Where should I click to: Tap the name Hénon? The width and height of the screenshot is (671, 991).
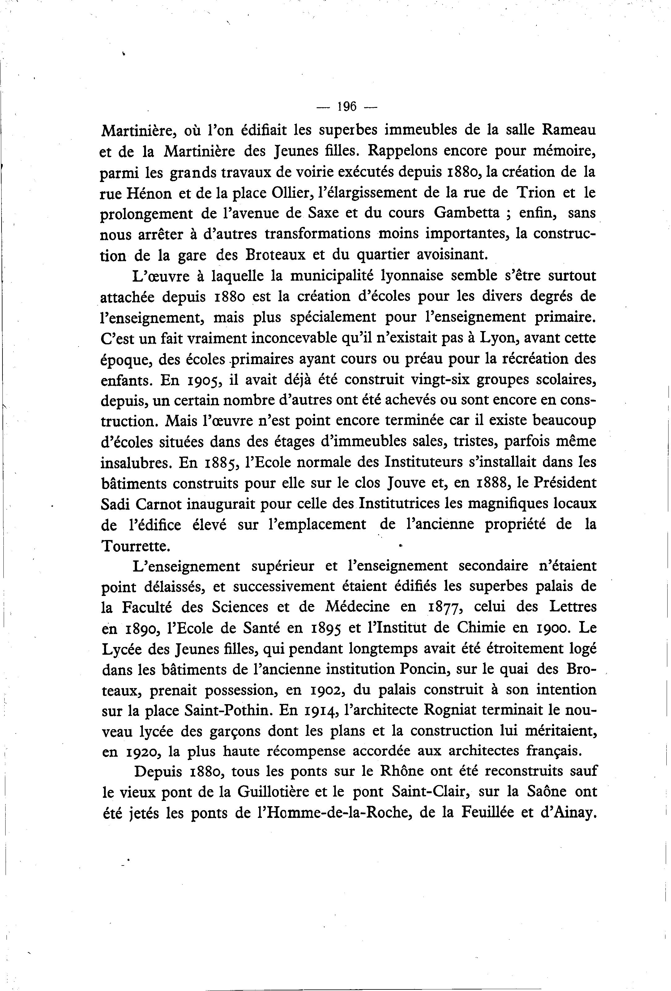(x=148, y=193)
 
